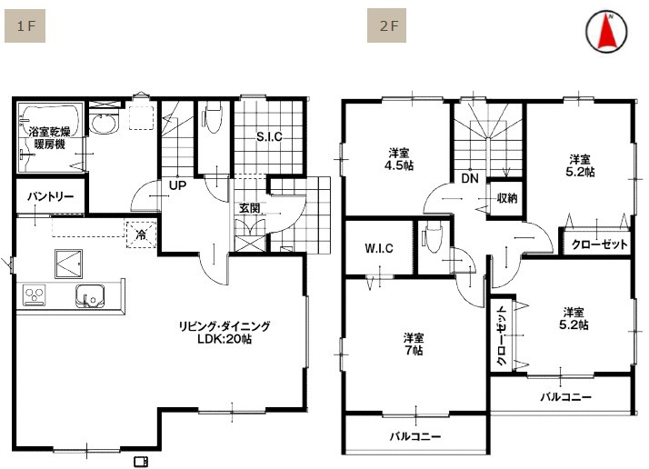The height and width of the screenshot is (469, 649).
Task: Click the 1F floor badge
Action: pyautogui.click(x=25, y=25)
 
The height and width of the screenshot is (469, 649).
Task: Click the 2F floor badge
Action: pyautogui.click(x=388, y=25)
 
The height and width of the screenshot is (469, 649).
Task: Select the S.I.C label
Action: pyautogui.click(x=269, y=137)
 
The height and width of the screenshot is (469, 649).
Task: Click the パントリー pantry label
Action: pyautogui.click(x=50, y=196)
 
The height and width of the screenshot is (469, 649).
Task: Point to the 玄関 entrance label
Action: pyautogui.click(x=249, y=208)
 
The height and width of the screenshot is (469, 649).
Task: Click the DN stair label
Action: pyautogui.click(x=470, y=179)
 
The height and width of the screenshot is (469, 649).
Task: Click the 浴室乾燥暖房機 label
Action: pyautogui.click(x=49, y=137)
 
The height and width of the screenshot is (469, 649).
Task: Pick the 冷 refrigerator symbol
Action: pyautogui.click(x=141, y=234)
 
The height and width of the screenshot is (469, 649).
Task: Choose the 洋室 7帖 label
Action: pyautogui.click(x=414, y=344)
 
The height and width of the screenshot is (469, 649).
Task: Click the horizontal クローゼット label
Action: pyautogui.click(x=599, y=244)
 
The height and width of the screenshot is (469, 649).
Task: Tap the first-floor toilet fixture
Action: pyautogui.click(x=214, y=118)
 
